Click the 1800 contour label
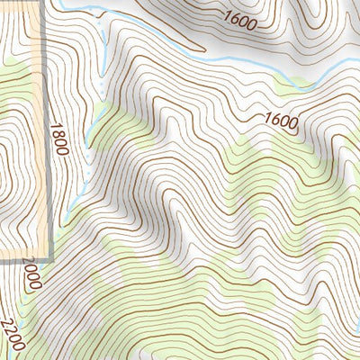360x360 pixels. click(x=59, y=139)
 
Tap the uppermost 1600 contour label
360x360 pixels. click(x=238, y=18)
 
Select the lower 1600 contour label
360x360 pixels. click(x=281, y=120)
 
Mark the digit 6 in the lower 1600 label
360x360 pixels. click(x=274, y=117)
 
